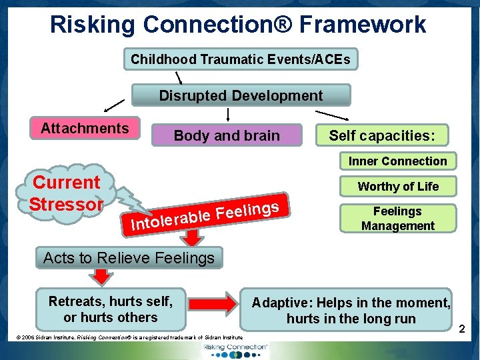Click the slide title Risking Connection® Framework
[x=238, y=25]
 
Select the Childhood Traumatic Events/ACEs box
[x=240, y=59]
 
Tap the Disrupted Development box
[x=241, y=95]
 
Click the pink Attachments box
[x=85, y=128]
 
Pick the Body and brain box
[x=227, y=135]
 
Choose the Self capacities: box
[x=382, y=135]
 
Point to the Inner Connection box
[x=397, y=161]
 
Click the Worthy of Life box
[x=398, y=187]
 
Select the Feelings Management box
[x=397, y=219]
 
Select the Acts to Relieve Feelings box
[x=129, y=257]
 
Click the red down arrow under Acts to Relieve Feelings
[x=101, y=277]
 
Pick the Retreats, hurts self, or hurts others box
[x=111, y=310]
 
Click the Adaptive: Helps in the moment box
[x=351, y=310]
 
